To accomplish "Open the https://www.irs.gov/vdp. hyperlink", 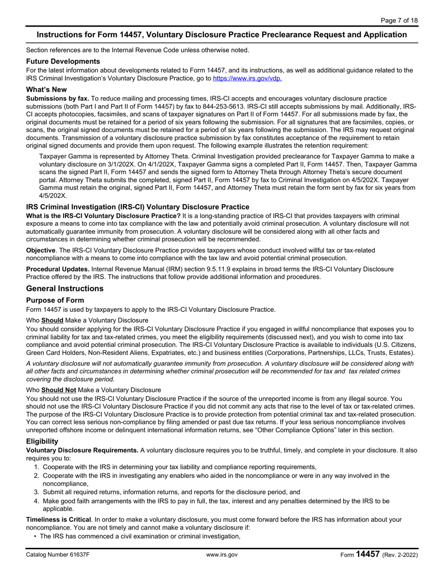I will click(x=247, y=79).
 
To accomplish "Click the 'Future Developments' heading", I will click(x=63, y=61).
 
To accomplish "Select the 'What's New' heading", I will click(x=46, y=89).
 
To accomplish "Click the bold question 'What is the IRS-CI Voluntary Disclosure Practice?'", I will click(x=103, y=216).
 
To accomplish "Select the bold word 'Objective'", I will click(x=41, y=251).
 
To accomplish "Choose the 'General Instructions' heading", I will click(x=64, y=288).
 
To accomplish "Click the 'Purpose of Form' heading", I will click(x=55, y=300).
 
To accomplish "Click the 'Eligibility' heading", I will click(x=42, y=441).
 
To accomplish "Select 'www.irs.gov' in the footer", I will click(x=222, y=555).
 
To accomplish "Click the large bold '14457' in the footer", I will click(x=367, y=554).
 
